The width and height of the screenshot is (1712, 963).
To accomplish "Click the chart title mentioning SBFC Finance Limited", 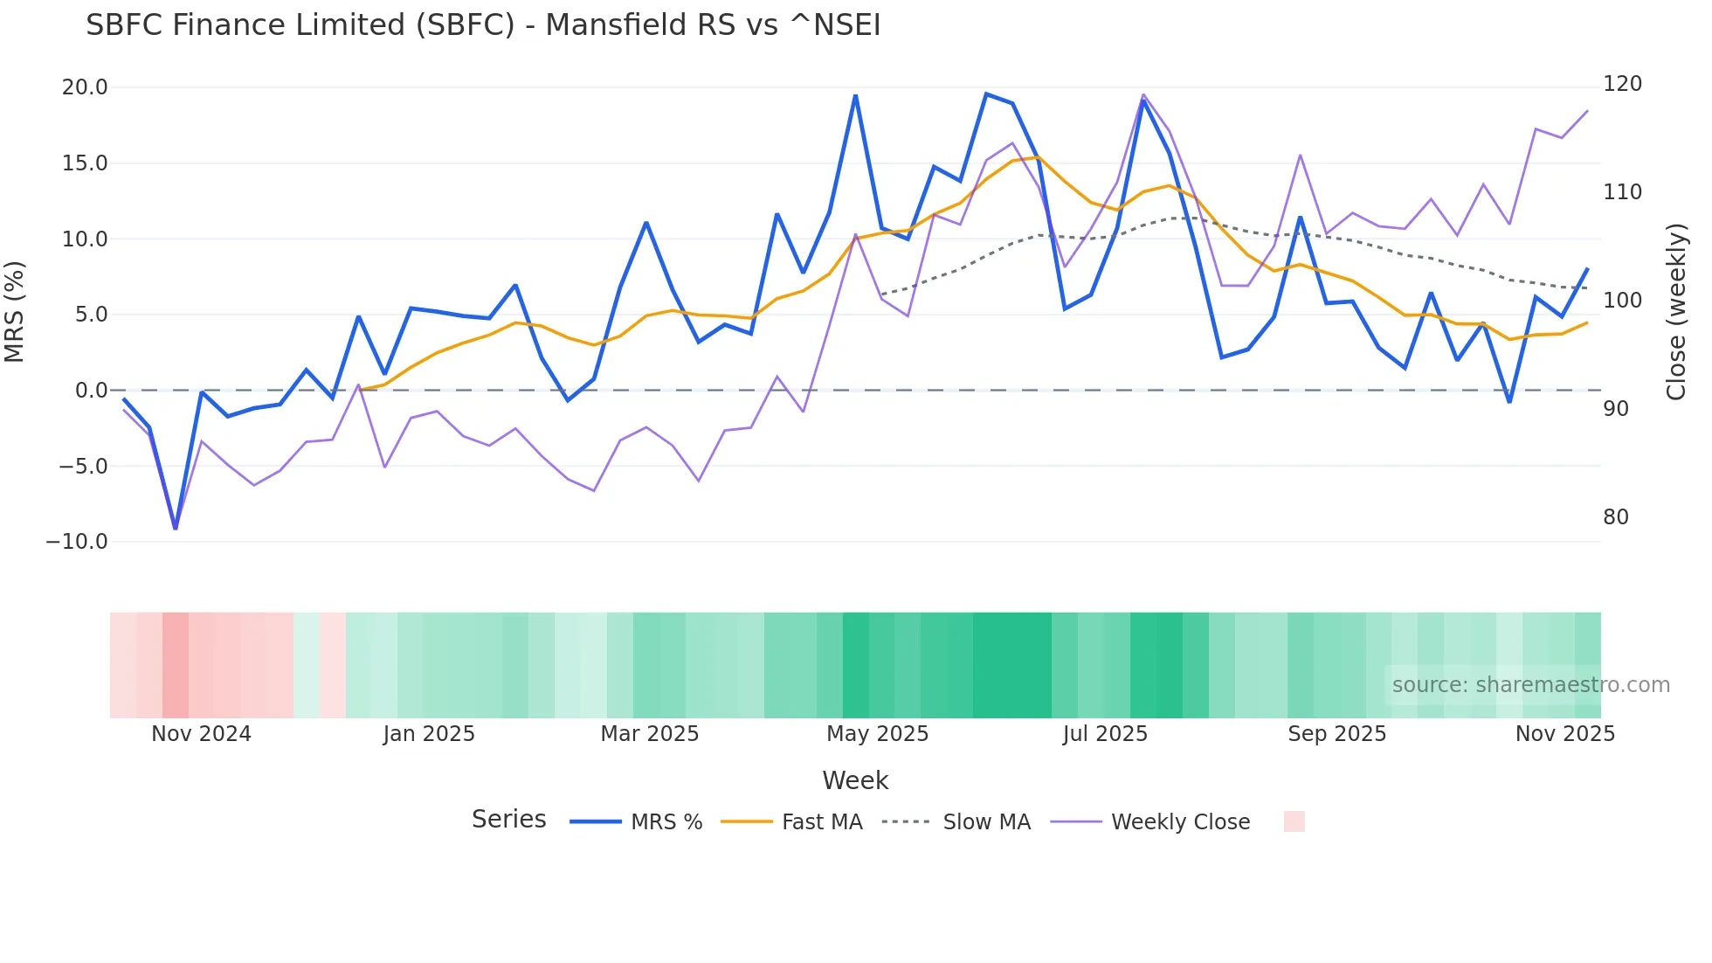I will (x=483, y=25).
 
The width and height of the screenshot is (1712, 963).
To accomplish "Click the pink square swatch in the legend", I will (x=1294, y=821).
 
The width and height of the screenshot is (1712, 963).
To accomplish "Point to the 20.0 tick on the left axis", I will (x=85, y=87).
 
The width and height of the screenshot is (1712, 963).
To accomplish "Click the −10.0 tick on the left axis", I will (x=77, y=542).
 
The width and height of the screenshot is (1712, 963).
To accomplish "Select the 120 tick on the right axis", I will (x=1622, y=84).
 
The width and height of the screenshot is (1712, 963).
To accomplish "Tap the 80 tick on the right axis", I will (x=1616, y=517).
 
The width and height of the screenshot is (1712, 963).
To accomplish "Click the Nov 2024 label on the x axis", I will (x=201, y=734).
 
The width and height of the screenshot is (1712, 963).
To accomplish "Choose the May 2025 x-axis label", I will (x=877, y=734).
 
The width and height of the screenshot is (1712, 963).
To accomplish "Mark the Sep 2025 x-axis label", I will (x=1336, y=734).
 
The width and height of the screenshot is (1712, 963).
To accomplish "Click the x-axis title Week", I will (x=855, y=780).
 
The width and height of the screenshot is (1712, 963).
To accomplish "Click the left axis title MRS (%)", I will (x=15, y=312).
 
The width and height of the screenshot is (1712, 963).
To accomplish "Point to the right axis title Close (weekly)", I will (x=1675, y=312).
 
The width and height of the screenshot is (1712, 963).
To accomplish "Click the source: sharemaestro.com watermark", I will (x=1530, y=685).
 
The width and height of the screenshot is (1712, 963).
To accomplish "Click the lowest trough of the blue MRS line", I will (x=176, y=528).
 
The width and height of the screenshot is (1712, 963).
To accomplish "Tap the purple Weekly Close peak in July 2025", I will (x=1143, y=94).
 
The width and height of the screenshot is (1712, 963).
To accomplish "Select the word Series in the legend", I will (x=508, y=820).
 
